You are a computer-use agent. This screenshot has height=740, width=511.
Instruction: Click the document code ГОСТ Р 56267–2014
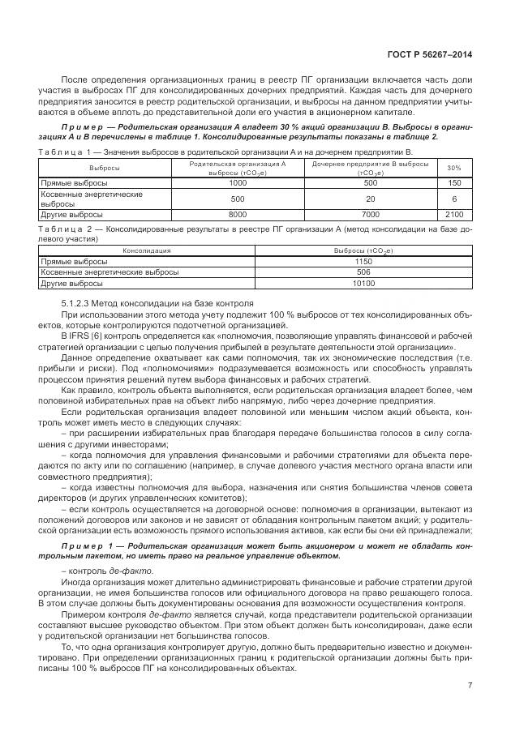431,55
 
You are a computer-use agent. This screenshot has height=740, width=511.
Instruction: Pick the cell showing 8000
238,214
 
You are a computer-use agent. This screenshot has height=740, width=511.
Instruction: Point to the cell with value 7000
370,214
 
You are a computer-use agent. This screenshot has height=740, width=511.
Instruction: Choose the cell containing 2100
454,214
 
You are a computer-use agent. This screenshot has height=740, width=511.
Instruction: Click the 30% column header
454,168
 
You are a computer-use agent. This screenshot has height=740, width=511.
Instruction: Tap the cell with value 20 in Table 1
370,199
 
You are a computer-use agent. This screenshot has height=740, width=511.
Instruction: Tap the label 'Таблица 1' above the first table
62,152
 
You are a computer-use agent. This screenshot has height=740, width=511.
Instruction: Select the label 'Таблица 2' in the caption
62,230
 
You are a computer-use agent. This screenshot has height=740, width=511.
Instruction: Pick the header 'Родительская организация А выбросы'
238,168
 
